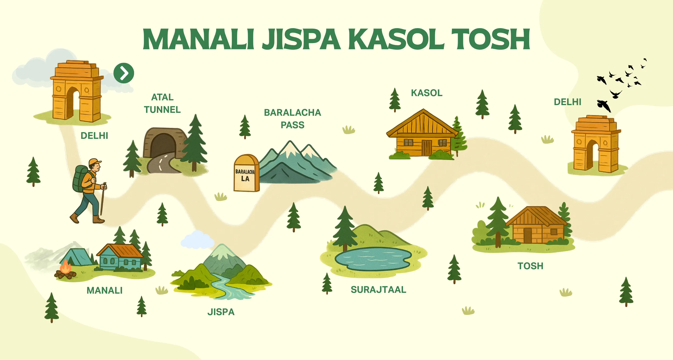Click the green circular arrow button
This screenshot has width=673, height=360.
[124, 73]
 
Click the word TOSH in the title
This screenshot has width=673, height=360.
[490, 39]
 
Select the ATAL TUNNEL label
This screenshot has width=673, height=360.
[162, 104]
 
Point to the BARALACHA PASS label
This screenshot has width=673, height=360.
[292, 119]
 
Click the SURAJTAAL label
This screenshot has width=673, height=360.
[378, 290]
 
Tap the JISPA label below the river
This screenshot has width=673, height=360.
[221, 312]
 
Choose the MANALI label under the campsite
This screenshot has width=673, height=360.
[105, 290]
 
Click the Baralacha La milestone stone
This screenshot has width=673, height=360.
[246, 173]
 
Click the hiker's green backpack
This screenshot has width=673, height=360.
[80, 178]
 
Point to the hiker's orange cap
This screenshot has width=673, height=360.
[95, 162]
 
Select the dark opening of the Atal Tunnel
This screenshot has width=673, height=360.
[163, 145]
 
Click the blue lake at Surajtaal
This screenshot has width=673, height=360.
[373, 259]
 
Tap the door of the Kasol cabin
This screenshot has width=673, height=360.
[427, 148]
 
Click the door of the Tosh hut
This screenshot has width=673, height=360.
[528, 235]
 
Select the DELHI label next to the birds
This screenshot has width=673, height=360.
[568, 102]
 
